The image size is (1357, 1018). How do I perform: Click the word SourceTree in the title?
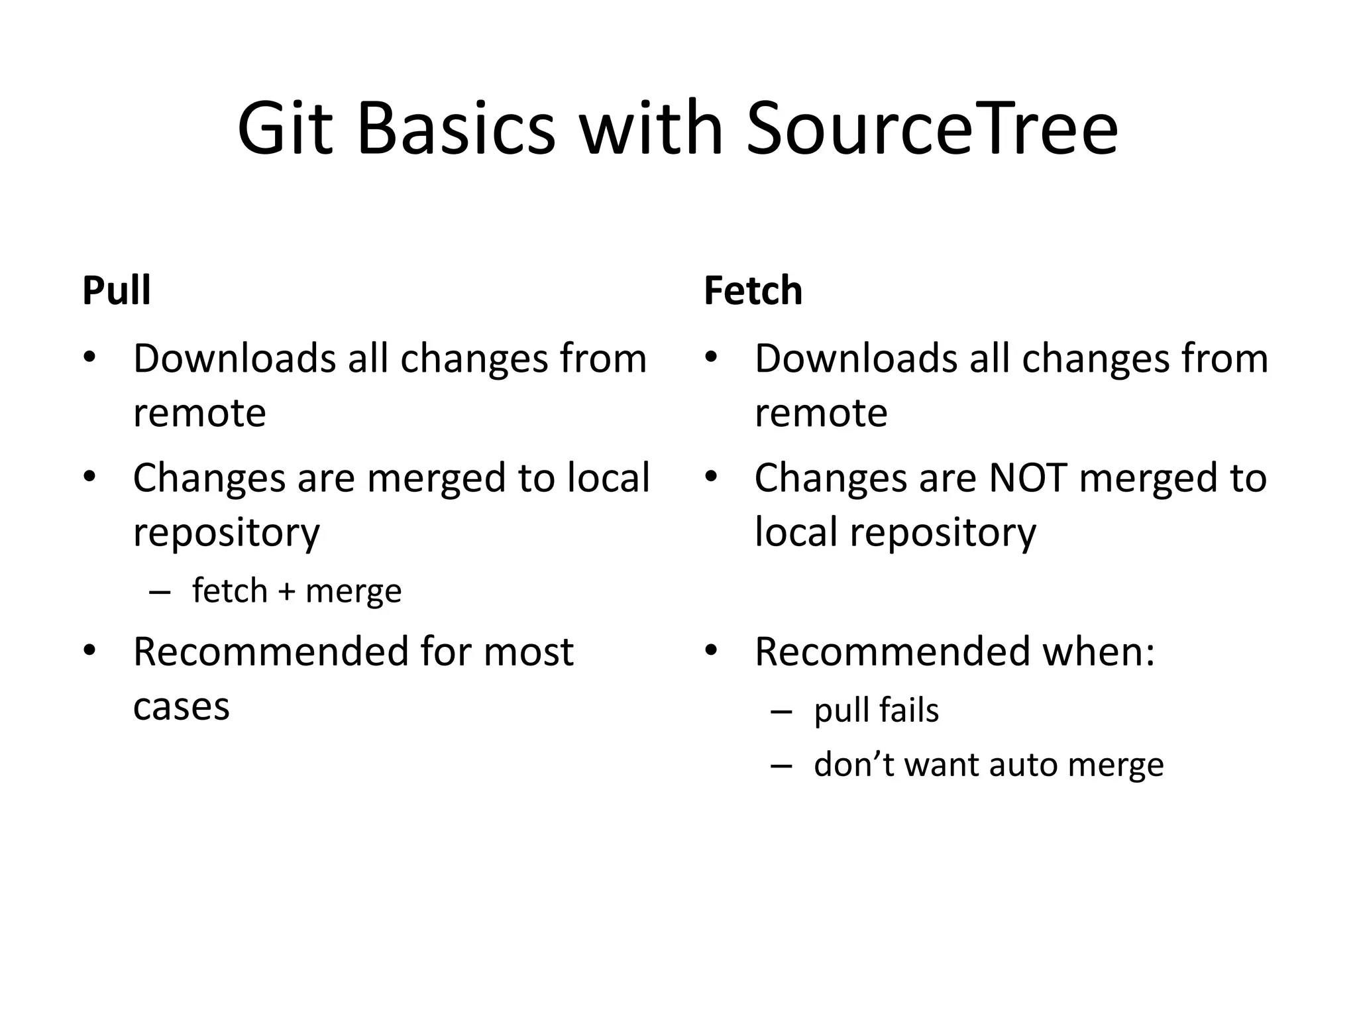932,129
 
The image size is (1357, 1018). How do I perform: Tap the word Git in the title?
285,129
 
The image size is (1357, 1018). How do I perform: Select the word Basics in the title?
456,129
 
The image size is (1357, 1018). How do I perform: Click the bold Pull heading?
117,290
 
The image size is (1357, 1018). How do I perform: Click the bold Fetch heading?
753,290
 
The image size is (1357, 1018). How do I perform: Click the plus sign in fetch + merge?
286,591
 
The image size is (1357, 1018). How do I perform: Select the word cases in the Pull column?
181,707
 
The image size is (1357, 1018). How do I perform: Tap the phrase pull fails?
876,710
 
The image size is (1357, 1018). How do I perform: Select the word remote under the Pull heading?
199,414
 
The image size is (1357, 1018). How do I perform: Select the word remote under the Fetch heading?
821,414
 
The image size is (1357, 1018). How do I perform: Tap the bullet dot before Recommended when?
711,651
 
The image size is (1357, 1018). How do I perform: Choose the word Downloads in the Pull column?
235,359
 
